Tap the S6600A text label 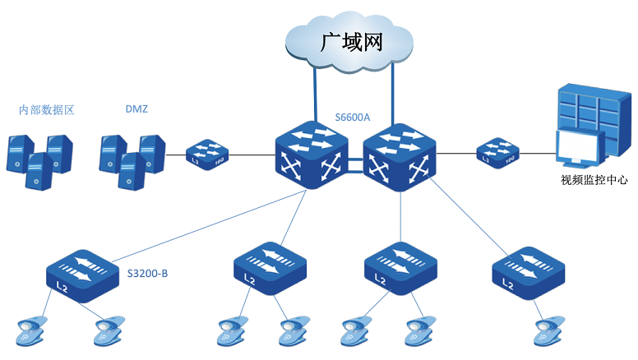(x=353, y=118)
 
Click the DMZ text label (x=136, y=108)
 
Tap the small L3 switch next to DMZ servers (x=206, y=154)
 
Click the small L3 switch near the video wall (x=499, y=153)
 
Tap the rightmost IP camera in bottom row (x=547, y=330)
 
